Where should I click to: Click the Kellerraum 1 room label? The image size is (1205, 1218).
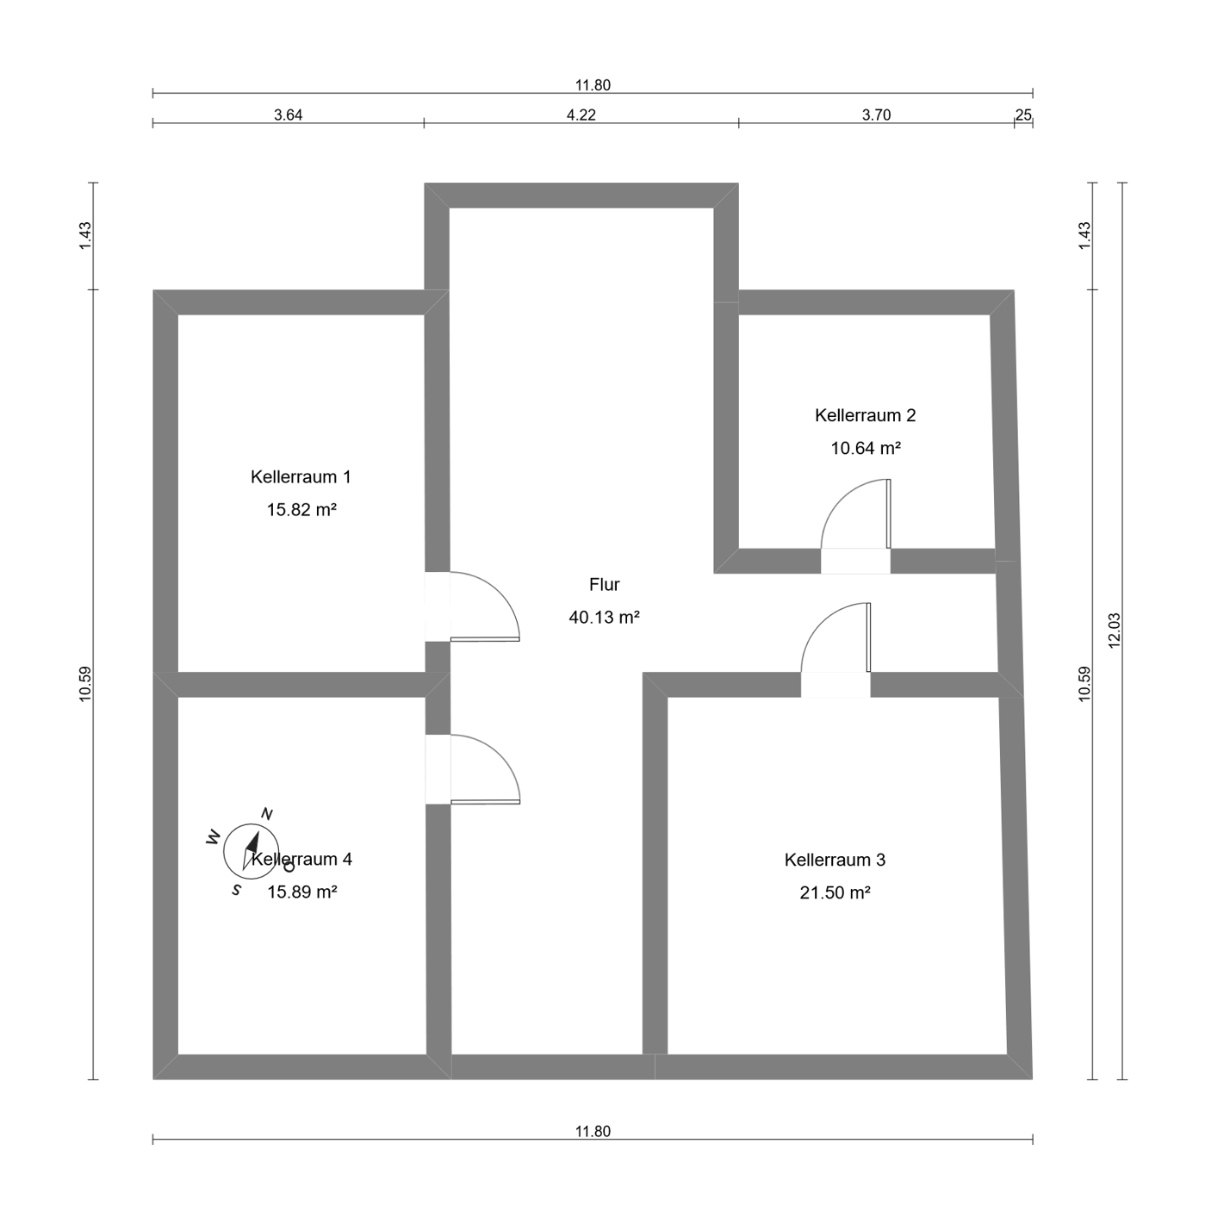(301, 476)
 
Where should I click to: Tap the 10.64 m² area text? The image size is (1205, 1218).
(865, 448)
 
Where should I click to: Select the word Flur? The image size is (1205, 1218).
(604, 584)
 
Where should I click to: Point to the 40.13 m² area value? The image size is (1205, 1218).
(604, 617)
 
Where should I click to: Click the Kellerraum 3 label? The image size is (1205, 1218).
(835, 860)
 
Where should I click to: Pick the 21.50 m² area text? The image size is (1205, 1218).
(835, 892)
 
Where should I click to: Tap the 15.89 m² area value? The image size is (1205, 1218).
(301, 892)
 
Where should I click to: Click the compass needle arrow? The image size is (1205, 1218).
(252, 850)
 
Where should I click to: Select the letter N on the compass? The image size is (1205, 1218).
(267, 813)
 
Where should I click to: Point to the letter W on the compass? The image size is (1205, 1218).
(214, 837)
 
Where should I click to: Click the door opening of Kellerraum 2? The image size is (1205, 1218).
(855, 561)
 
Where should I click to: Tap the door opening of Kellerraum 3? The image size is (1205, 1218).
(835, 685)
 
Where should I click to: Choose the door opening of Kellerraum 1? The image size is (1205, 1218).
(438, 606)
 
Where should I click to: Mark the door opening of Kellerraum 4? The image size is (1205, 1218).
(438, 769)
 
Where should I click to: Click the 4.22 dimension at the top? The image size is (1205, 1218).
(581, 115)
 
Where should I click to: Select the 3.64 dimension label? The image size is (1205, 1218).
(288, 115)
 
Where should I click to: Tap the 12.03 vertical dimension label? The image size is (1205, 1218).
(1114, 631)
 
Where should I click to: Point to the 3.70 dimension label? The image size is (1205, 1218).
(876, 115)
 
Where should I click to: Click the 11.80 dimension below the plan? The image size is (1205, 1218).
(593, 1131)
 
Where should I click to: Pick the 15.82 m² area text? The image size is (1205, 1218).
(301, 509)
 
